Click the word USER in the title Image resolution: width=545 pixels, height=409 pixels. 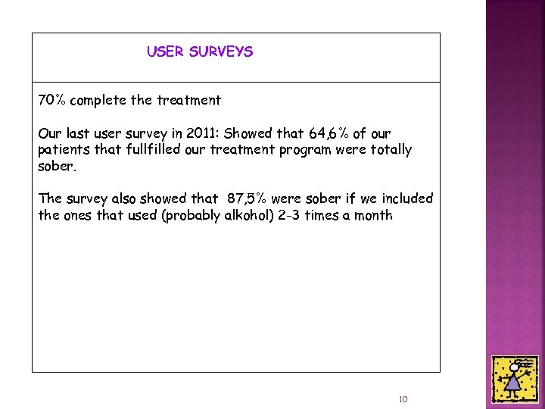pos(164,52)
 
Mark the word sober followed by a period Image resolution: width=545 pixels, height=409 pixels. pos(56,166)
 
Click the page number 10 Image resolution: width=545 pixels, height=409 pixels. pos(403,399)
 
